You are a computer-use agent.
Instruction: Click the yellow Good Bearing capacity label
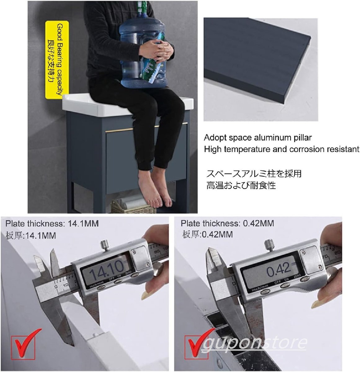57,60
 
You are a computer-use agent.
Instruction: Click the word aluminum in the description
272,138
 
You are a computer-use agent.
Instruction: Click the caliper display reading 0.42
278,269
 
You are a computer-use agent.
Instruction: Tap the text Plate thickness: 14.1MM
52,223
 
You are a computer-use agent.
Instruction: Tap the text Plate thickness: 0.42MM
227,223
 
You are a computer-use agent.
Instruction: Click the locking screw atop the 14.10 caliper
104,244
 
